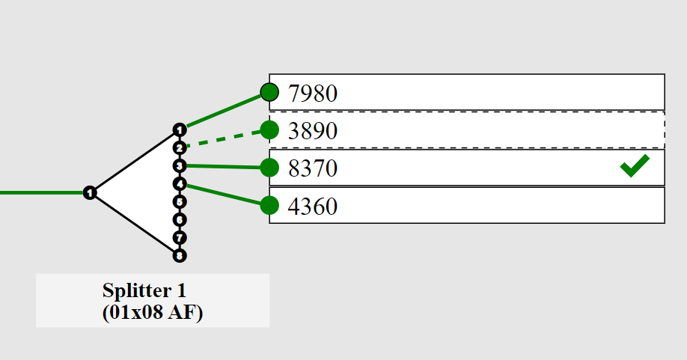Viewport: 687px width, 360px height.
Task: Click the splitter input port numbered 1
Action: point(90,193)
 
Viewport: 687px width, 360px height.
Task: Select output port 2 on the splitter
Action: point(179,147)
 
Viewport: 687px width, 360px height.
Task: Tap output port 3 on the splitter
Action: point(179,165)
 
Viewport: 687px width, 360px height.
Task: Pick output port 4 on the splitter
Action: point(179,183)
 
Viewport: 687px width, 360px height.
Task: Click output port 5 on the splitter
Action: point(179,201)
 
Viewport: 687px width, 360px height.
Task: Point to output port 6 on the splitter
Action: point(179,219)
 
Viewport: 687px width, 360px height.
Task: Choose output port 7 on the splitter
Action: point(179,237)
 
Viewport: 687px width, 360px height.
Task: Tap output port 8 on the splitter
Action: point(179,255)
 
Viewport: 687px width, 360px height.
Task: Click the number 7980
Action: point(313,94)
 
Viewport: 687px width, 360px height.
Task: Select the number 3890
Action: point(313,131)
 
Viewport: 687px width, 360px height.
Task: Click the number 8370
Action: point(313,168)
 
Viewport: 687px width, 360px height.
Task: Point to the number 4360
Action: point(313,206)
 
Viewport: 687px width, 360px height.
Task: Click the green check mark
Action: point(635,165)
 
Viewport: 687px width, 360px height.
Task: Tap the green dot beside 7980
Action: point(269,92)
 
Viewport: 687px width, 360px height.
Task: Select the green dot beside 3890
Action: point(269,129)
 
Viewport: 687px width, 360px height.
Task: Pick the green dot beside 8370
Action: point(269,168)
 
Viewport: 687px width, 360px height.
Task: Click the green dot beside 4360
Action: point(269,204)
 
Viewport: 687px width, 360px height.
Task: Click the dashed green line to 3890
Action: point(225,138)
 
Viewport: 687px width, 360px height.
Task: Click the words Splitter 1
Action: point(152,290)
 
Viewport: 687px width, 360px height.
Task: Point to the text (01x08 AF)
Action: point(152,312)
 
